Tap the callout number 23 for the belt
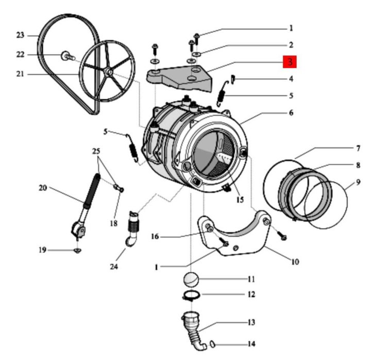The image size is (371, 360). pyautogui.click(x=20, y=35)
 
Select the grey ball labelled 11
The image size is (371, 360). pyautogui.click(x=191, y=280)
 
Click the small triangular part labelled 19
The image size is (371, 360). pyautogui.click(x=77, y=251)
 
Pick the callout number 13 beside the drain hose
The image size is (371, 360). pyautogui.click(x=251, y=322)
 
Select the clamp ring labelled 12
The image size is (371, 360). pyautogui.click(x=191, y=296)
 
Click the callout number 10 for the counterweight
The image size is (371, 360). pyautogui.click(x=295, y=261)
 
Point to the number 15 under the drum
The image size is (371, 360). pyautogui.click(x=239, y=200)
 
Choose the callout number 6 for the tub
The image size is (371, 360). pyautogui.click(x=291, y=112)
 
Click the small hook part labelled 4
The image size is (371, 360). pyautogui.click(x=233, y=78)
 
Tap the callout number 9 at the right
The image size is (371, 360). pyautogui.click(x=358, y=182)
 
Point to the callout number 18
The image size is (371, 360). pyautogui.click(x=114, y=223)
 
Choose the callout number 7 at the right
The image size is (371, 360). pyautogui.click(x=358, y=149)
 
